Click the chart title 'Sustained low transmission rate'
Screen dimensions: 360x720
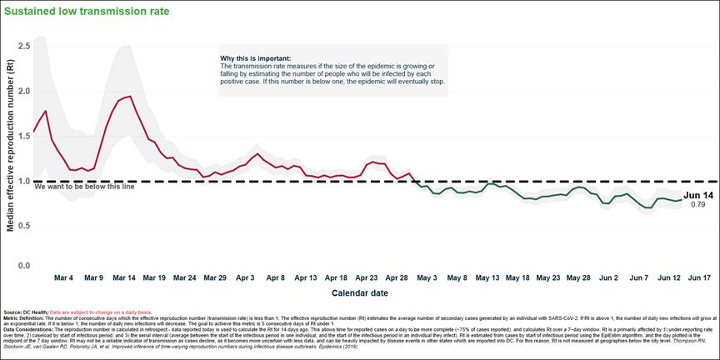[x=87, y=12]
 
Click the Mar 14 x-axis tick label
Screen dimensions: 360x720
[x=124, y=277]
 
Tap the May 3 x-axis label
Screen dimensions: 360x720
[x=427, y=277]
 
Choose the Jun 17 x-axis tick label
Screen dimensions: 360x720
[x=698, y=277]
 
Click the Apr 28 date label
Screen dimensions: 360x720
[x=397, y=277]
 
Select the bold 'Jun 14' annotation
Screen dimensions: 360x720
[x=698, y=195]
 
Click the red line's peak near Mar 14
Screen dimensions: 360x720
[x=129, y=97]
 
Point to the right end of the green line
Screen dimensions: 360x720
[x=682, y=200]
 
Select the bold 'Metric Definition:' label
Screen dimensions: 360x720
[x=24, y=317]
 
